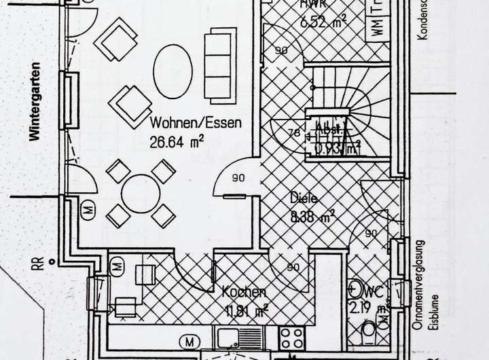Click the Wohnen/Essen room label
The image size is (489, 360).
click(x=196, y=125)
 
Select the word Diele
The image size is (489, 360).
click(x=304, y=199)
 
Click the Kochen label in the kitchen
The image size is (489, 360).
click(x=243, y=293)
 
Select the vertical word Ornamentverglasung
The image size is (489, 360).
click(x=420, y=284)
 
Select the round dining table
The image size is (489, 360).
click(x=141, y=194)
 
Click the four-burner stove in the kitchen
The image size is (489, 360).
click(x=293, y=337)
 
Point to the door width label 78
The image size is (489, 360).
click(x=294, y=133)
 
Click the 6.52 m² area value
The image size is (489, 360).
click(x=323, y=23)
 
